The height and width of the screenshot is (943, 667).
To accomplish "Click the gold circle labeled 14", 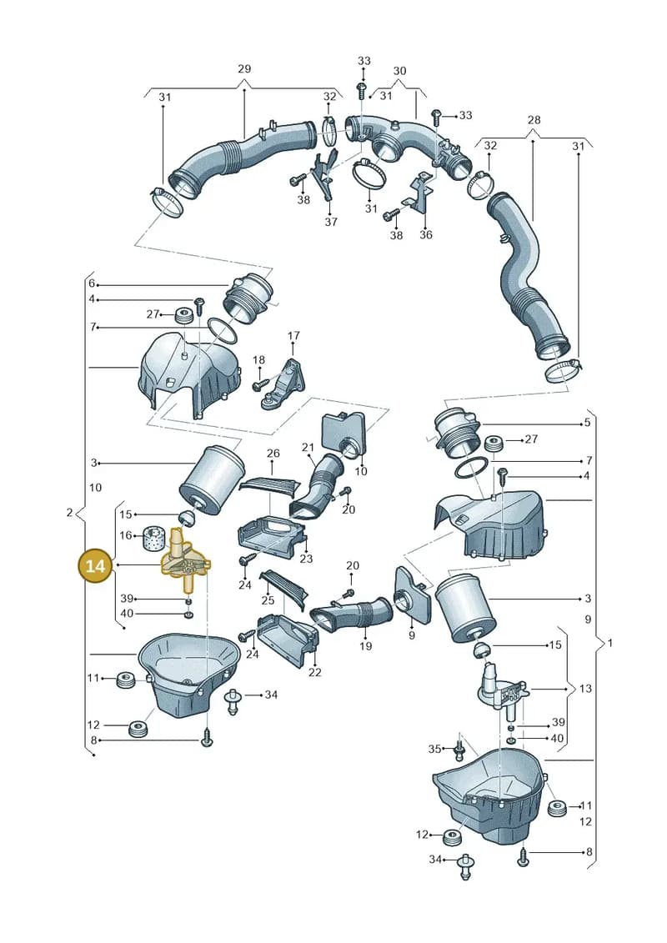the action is (96, 566).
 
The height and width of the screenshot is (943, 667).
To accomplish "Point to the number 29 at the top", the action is (244, 68).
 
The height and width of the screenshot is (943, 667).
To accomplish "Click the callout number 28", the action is (534, 120).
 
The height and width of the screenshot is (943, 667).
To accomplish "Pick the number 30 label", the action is (400, 70).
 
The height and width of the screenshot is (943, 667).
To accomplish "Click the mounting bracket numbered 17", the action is (285, 385).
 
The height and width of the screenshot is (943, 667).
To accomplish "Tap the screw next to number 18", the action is (260, 382).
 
